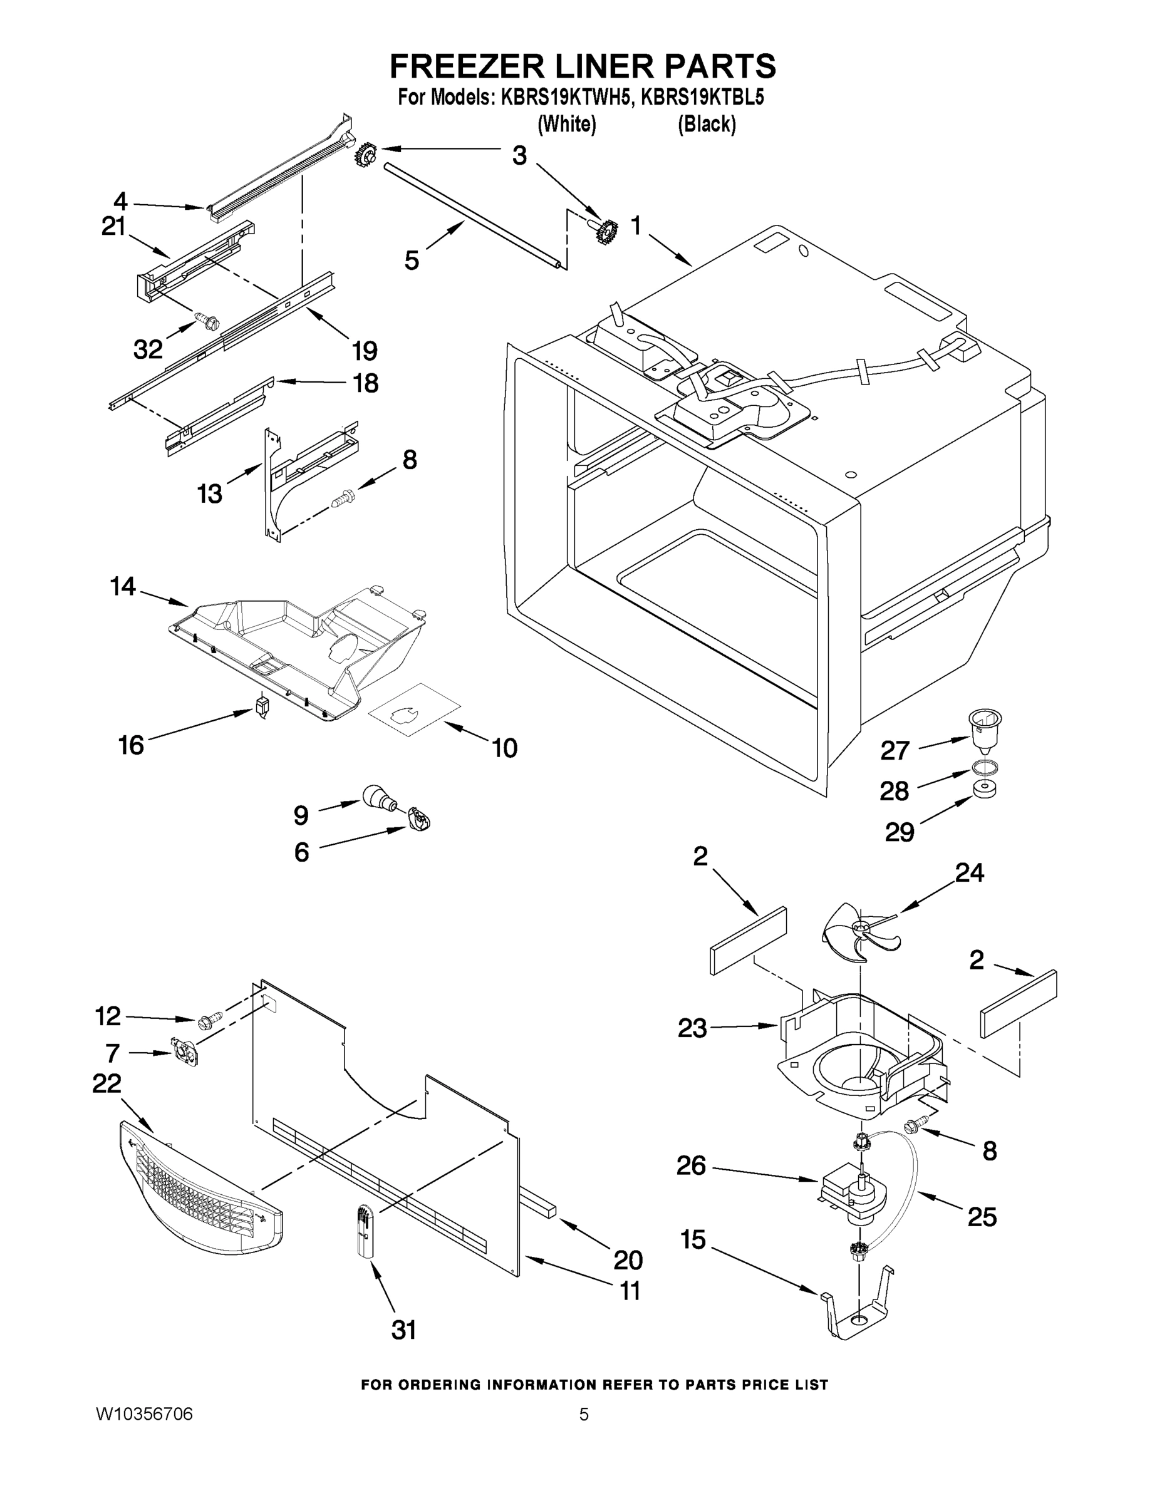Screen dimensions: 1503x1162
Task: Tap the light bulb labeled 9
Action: point(378,798)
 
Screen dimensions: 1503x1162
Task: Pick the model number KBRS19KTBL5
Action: point(702,98)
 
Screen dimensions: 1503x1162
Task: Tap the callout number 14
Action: point(123,586)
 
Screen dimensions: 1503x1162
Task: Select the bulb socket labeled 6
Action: point(418,819)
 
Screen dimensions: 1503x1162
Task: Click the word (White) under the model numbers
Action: point(566,125)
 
